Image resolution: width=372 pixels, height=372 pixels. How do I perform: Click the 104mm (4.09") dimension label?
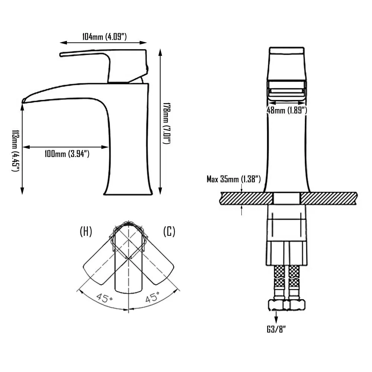[105, 36]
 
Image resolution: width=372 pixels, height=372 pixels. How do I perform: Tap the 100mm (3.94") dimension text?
[67, 154]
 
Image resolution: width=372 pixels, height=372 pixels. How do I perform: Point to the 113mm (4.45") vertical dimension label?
[16, 150]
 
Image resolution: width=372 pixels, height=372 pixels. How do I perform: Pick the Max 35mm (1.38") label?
[234, 179]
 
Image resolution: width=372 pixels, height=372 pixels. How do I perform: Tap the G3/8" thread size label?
[276, 329]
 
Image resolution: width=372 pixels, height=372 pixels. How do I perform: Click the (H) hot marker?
[86, 232]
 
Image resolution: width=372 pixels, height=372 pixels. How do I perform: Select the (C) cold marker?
[169, 232]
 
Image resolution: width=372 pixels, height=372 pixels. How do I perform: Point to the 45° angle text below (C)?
[152, 297]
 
